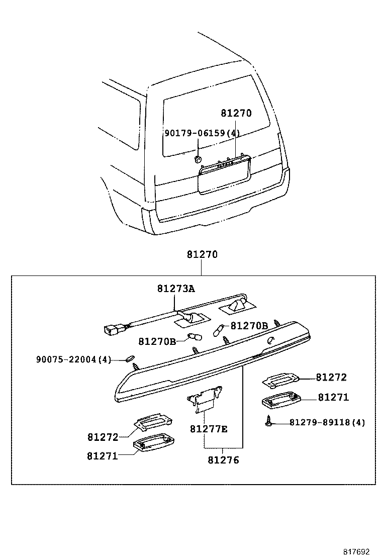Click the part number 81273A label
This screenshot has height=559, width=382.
[175, 289]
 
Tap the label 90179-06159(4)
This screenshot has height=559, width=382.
[202, 133]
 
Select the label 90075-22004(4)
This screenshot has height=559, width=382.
[73, 359]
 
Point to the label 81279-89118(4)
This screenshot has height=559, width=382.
[327, 422]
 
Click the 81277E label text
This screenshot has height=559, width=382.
[209, 429]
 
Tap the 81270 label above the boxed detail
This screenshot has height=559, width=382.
[202, 255]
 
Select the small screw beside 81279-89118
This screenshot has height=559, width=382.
[270, 423]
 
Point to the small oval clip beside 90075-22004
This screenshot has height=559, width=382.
[129, 358]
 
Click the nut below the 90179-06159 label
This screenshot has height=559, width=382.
[198, 159]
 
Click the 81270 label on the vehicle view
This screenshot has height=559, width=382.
[235, 114]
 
